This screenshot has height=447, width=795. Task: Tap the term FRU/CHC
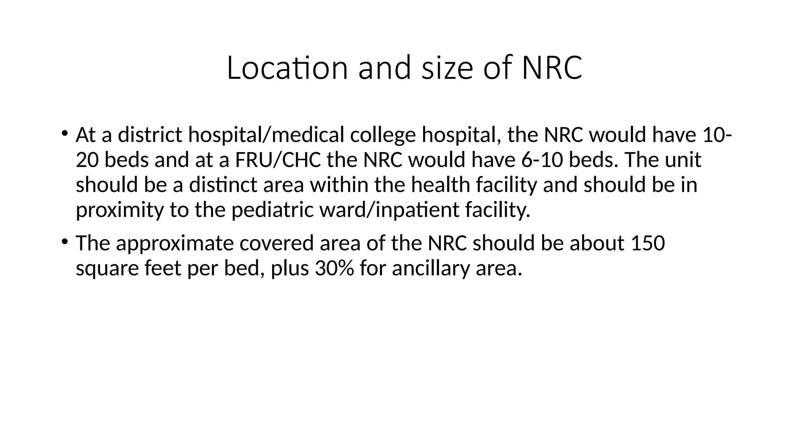278,160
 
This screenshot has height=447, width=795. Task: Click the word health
441,185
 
